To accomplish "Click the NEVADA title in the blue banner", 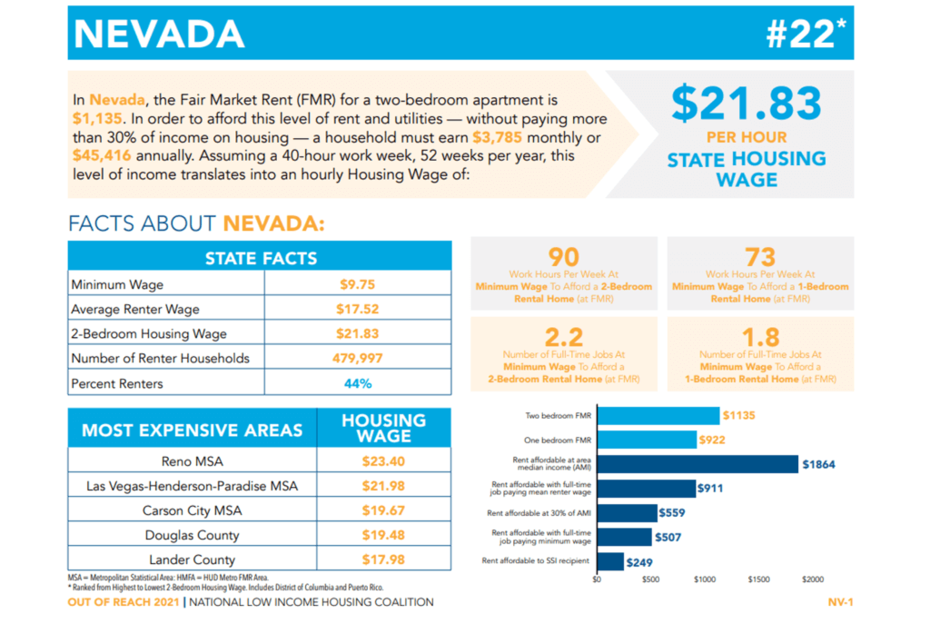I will coord(159,34).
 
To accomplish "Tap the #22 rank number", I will coord(805,34).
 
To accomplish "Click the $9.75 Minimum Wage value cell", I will coord(357,284).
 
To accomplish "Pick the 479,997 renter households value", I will coord(357,358).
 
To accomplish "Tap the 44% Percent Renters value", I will coord(357,383).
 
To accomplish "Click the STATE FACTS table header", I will coord(260,258).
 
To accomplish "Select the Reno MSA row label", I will coord(192,461).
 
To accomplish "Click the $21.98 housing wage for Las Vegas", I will coord(382,486).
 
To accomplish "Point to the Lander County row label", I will coord(192,560).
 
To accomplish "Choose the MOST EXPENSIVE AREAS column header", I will coord(192,429).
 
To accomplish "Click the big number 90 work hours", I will coord(563,258).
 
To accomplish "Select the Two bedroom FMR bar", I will coord(658,416).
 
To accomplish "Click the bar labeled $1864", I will coord(697,464).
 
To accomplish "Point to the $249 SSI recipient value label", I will coord(642,561).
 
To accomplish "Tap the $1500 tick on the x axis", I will coord(758,579).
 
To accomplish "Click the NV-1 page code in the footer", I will coord(839,602).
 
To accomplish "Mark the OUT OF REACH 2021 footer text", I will coord(124,602).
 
